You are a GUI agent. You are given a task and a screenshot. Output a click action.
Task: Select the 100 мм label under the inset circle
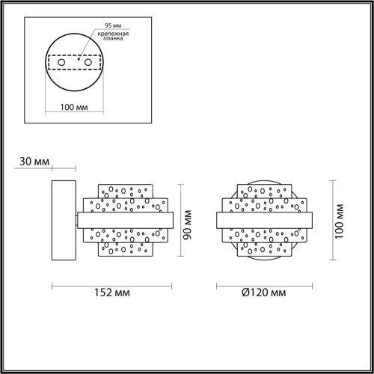(73, 108)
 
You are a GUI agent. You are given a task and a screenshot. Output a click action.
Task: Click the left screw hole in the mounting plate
(63, 62)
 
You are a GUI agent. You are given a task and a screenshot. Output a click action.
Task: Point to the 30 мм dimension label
(34, 161)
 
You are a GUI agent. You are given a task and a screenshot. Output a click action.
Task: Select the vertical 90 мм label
(189, 221)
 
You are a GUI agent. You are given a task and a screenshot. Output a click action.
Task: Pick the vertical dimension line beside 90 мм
(182, 221)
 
